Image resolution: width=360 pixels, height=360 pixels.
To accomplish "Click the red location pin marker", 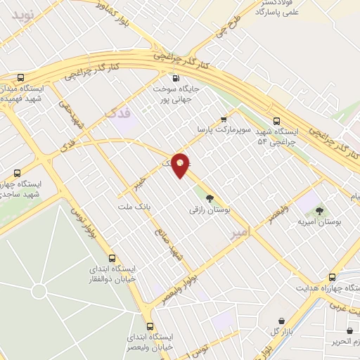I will [181, 165].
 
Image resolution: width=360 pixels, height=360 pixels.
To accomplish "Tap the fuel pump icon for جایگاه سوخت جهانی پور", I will [175, 78].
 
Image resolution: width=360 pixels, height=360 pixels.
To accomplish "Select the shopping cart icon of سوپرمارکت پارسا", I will [224, 119].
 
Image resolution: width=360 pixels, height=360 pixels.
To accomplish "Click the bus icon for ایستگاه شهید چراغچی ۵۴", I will [276, 120].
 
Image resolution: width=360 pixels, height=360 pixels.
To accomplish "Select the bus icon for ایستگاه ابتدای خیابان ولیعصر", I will [150, 326].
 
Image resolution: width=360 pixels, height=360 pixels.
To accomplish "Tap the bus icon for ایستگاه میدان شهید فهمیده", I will [20, 78].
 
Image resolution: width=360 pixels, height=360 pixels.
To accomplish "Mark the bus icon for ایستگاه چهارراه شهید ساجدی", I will [17, 172].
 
